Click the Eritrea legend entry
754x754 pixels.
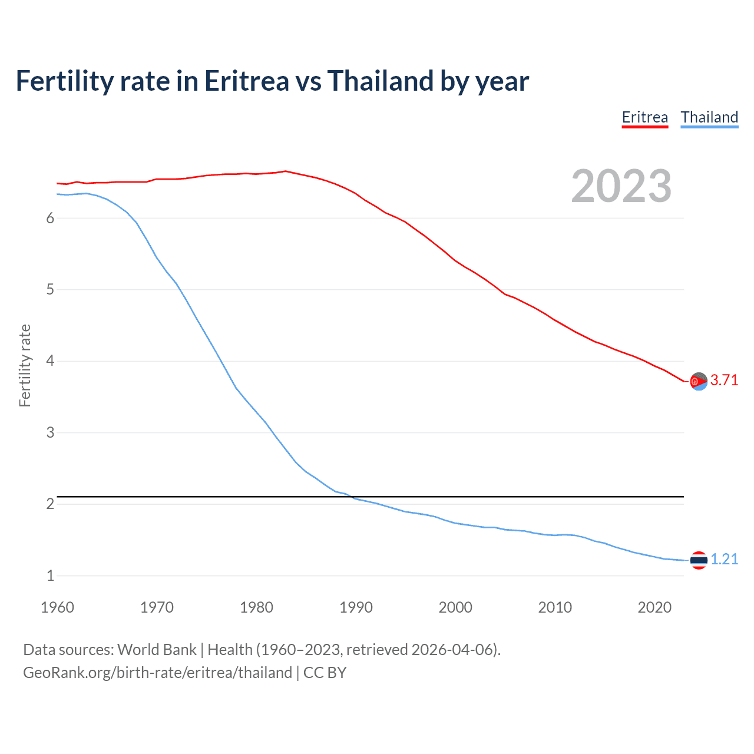pyautogui.click(x=645, y=117)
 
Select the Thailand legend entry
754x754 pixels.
pyautogui.click(x=709, y=117)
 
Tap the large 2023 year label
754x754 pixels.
pyautogui.click(x=621, y=186)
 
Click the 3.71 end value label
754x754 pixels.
pyautogui.click(x=724, y=381)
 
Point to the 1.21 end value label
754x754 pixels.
pyautogui.click(x=724, y=560)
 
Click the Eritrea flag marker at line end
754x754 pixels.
pyautogui.click(x=699, y=382)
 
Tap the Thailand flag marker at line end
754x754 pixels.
pyautogui.click(x=699, y=560)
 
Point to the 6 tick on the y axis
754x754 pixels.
pyautogui.click(x=50, y=219)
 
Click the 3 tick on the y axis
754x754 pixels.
pyautogui.click(x=50, y=433)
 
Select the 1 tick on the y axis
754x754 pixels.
pyautogui.click(x=50, y=576)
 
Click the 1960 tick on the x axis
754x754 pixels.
pyautogui.click(x=57, y=607)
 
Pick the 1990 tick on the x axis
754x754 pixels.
pyautogui.click(x=356, y=607)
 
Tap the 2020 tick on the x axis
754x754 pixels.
pyautogui.click(x=654, y=607)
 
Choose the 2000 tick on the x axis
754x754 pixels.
pyautogui.click(x=455, y=607)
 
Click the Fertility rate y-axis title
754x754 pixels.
pyautogui.click(x=25, y=365)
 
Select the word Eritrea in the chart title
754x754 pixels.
pyautogui.click(x=246, y=81)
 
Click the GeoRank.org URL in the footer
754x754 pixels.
pyautogui.click(x=157, y=673)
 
